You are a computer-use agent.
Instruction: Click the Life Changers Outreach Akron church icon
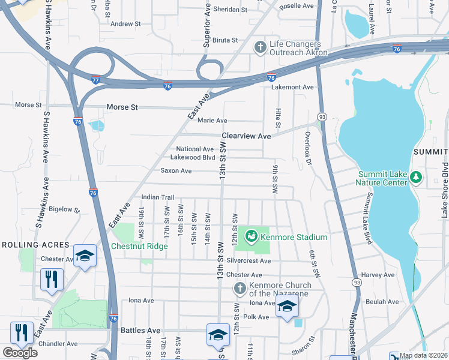(260, 47)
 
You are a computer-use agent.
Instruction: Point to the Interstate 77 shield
(95, 79)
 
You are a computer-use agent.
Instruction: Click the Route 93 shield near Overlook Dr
(322, 116)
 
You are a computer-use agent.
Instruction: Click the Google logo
(20, 353)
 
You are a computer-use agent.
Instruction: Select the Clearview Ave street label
(246, 136)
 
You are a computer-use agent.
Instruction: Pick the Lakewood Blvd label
(192, 157)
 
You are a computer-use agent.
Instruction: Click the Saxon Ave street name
(176, 171)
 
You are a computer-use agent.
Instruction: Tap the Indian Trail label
(157, 197)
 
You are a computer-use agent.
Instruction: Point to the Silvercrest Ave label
(248, 261)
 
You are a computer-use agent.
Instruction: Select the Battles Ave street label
(140, 330)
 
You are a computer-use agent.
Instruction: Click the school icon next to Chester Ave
(85, 256)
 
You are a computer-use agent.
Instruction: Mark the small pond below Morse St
(96, 125)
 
